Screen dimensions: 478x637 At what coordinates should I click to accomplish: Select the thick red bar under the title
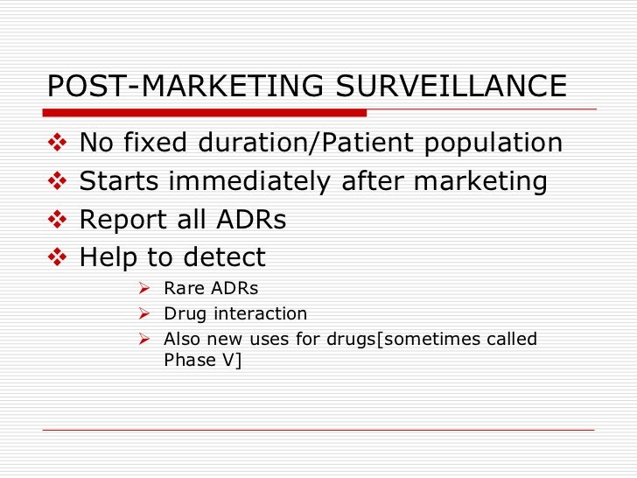pos(206,113)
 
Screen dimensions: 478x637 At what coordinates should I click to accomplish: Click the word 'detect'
pos(224,258)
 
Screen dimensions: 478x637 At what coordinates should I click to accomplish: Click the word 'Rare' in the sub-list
pos(181,289)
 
